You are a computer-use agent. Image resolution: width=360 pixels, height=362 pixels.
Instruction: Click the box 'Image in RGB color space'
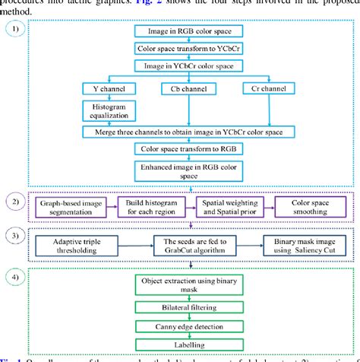[188, 31]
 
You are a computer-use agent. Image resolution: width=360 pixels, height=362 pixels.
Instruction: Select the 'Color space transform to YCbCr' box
[188, 49]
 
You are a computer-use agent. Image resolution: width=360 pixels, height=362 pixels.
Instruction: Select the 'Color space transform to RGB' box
[188, 149]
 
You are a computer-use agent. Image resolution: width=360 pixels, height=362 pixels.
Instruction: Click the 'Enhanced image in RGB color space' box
[188, 171]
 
